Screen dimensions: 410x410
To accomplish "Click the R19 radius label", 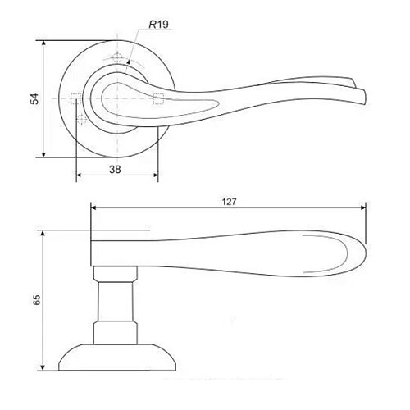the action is [x=159, y=25].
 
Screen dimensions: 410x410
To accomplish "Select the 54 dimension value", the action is [x=35, y=98].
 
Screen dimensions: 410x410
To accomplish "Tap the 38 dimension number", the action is [x=115, y=170].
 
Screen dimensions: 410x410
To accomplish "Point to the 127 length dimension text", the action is [x=229, y=202].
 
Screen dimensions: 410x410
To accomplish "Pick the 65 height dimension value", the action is [x=37, y=299].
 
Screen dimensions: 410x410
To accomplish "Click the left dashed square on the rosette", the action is [x=75, y=98].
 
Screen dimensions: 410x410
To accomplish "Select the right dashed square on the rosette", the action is [x=158, y=98].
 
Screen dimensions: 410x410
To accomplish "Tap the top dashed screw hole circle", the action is [x=117, y=57].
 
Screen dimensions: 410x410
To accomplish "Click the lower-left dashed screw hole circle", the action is [x=81, y=120].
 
